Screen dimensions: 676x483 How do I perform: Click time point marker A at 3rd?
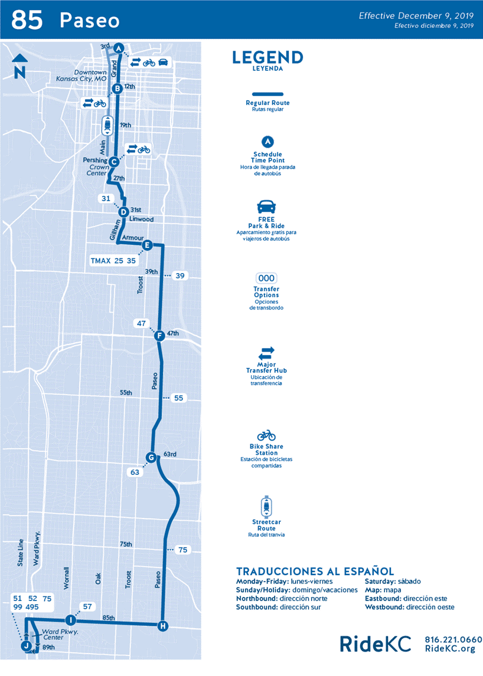pyautogui.click(x=119, y=48)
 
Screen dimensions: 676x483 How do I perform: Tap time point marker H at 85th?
pyautogui.click(x=163, y=626)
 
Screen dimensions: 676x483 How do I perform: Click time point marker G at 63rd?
pyautogui.click(x=151, y=457)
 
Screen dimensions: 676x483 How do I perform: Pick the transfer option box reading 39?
pyautogui.click(x=180, y=275)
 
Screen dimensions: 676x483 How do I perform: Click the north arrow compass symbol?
pyautogui.click(x=19, y=65)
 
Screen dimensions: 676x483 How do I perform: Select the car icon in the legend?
pyautogui.click(x=266, y=207)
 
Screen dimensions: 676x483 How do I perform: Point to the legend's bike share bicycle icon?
pyautogui.click(x=266, y=435)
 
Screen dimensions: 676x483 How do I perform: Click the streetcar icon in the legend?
pyautogui.click(x=266, y=506)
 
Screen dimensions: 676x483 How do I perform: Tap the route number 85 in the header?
pyautogui.click(x=27, y=20)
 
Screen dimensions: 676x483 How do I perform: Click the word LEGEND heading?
pyautogui.click(x=267, y=57)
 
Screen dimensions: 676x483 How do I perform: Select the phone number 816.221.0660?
pyautogui.click(x=453, y=640)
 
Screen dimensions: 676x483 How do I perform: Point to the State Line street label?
pyautogui.click(x=21, y=553)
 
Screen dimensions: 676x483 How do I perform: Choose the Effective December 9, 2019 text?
pyautogui.click(x=416, y=16)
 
